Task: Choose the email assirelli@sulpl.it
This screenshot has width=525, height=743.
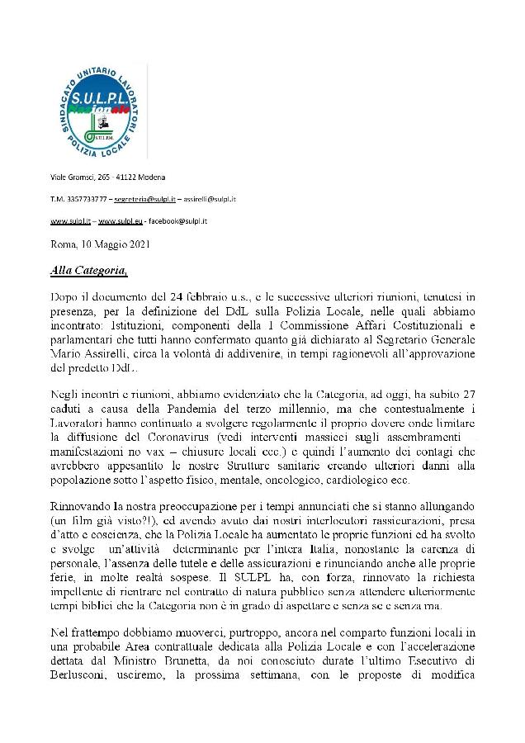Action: tap(206, 200)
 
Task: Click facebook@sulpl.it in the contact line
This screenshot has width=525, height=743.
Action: tap(179, 222)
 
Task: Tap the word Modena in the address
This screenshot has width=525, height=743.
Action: tap(154, 177)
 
